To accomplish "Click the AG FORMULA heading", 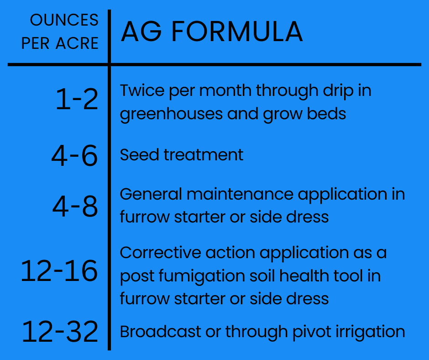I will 211,32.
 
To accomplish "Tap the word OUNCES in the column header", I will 64,20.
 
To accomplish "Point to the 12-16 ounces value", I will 59,271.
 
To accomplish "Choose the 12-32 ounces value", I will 60,331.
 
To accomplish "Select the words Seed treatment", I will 181,155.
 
